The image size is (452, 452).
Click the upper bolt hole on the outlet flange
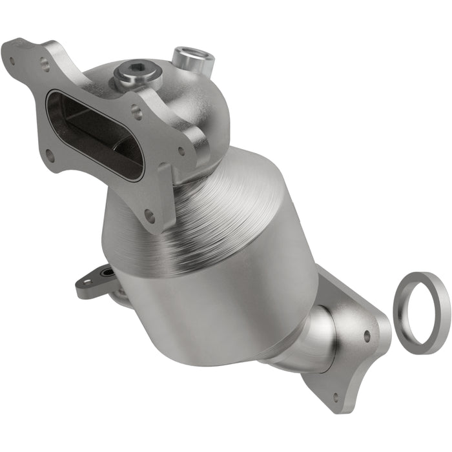pyautogui.click(x=367, y=336)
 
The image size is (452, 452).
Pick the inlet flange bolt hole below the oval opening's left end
pyautogui.click(x=49, y=154)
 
